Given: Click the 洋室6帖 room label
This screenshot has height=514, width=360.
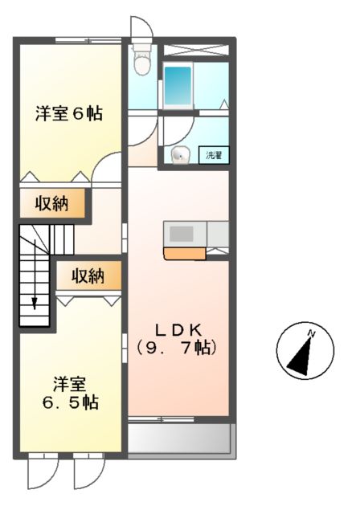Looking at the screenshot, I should pos(68,113).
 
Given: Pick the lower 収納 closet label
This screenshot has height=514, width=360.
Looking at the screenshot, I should pos(88,276).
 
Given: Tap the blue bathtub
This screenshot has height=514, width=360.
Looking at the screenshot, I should pos(178,84).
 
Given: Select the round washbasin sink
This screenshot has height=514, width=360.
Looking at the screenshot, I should pos(178,156).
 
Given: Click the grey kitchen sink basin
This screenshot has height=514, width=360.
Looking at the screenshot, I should pos(182,234).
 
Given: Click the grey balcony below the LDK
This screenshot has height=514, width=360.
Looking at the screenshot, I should pos(180,439).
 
